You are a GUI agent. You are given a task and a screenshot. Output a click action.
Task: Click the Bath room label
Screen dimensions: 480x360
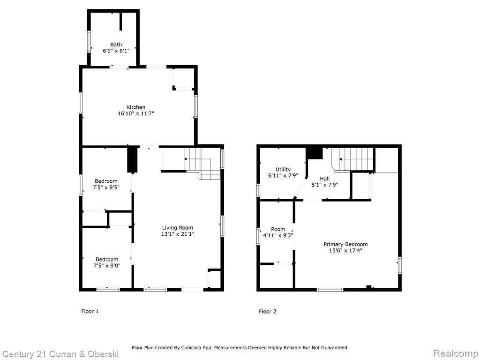click(x=116, y=45)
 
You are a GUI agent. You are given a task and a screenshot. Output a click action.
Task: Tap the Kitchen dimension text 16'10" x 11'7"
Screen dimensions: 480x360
click(x=136, y=113)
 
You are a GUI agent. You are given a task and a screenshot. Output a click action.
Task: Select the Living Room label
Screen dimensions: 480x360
click(x=178, y=228)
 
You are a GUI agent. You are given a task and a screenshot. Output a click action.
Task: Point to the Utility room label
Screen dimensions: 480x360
click(x=283, y=169)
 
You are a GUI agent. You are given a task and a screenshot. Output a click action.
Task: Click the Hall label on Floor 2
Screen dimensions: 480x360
click(x=325, y=179)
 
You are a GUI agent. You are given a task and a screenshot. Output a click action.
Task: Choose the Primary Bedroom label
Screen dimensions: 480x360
click(x=345, y=244)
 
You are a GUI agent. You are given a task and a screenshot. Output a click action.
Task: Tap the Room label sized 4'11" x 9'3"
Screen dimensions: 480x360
click(x=278, y=229)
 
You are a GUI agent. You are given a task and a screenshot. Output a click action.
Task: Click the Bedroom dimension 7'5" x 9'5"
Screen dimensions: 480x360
click(x=106, y=187)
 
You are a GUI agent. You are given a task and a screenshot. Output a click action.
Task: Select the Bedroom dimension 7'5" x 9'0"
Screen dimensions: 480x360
click(x=107, y=266)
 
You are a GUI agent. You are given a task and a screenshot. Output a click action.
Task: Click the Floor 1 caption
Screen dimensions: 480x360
click(x=90, y=311)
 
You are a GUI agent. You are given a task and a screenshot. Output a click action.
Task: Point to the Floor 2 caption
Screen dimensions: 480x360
click(x=268, y=311)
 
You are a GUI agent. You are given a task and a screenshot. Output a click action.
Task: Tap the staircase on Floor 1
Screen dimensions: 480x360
click(x=202, y=164)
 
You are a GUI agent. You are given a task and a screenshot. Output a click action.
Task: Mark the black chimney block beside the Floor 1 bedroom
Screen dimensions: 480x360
click(x=132, y=159)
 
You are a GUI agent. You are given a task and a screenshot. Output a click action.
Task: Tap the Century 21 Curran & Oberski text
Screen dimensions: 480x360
click(x=60, y=354)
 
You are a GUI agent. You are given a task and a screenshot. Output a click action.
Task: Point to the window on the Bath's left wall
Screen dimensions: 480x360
click(x=89, y=41)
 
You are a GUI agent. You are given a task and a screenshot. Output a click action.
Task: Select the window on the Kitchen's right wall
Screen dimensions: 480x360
click(x=195, y=106)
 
